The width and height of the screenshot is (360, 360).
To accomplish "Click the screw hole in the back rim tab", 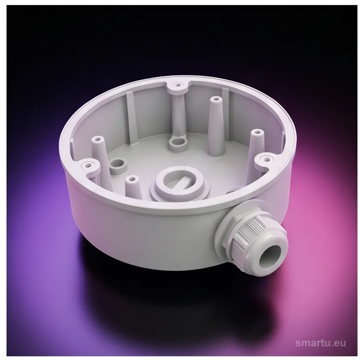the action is point(177,85).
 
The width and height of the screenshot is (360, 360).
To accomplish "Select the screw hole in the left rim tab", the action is point(88,165).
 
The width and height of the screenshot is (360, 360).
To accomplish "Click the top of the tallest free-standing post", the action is point(215,100).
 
